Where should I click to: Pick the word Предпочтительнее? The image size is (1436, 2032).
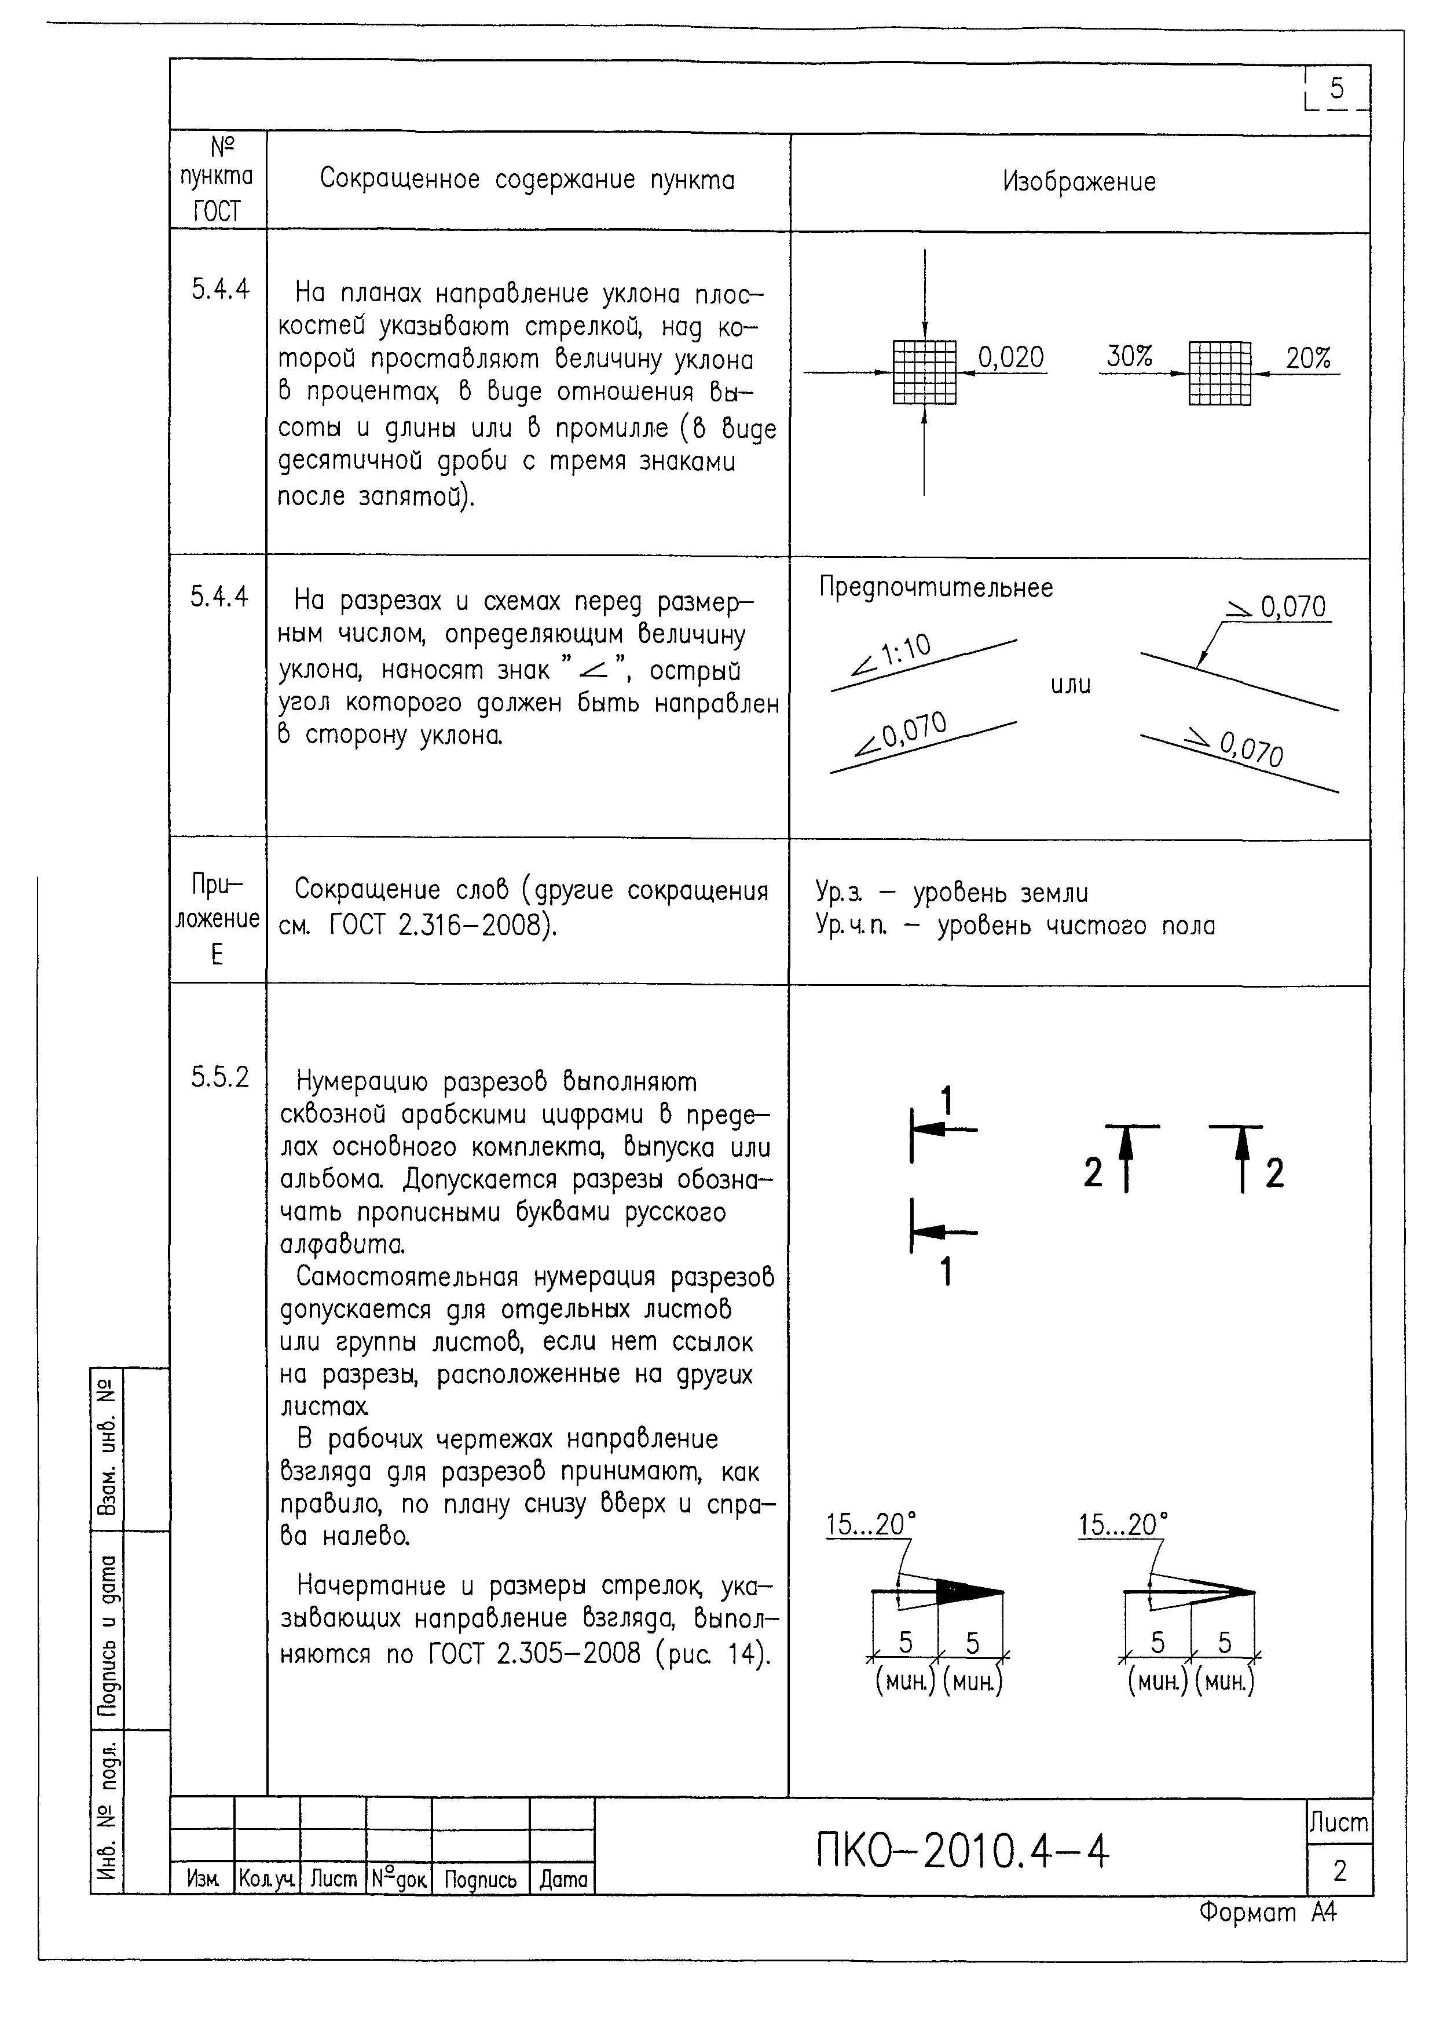pyautogui.click(x=936, y=588)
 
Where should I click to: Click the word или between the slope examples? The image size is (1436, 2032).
pyautogui.click(x=1071, y=684)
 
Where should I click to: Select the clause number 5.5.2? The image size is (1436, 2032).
pyautogui.click(x=219, y=1077)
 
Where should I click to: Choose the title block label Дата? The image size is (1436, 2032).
pyautogui.click(x=563, y=1880)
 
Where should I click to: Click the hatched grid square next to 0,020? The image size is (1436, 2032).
pyautogui.click(x=925, y=372)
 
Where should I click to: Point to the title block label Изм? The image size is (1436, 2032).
pyautogui.click(x=203, y=1880)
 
